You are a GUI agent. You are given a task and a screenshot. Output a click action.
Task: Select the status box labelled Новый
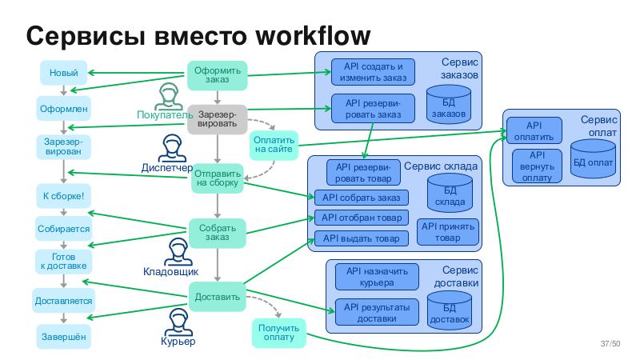(x=63, y=74)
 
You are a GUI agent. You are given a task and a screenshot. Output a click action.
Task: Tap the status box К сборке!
(x=63, y=195)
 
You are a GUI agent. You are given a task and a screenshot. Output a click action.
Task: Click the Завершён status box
(x=63, y=337)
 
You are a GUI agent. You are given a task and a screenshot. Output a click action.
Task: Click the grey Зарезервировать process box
(x=217, y=119)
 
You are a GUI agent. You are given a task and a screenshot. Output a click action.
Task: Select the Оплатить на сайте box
(x=274, y=145)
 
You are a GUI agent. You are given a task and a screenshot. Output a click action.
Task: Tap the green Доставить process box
(x=217, y=297)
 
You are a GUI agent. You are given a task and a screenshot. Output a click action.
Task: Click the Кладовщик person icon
(x=178, y=253)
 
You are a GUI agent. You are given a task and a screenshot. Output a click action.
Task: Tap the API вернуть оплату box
(x=537, y=166)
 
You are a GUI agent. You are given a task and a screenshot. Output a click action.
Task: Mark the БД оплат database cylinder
(x=594, y=158)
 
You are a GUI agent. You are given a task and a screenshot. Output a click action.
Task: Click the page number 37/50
(x=610, y=345)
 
